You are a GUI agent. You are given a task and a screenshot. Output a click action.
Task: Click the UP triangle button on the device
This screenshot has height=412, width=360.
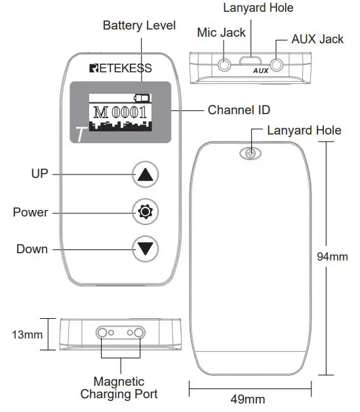145,175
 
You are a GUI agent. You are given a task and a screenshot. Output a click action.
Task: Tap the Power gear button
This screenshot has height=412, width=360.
145,212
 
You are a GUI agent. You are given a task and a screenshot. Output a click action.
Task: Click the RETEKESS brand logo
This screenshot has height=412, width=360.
120,68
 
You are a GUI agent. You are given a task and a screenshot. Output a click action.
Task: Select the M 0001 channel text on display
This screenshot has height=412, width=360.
120,112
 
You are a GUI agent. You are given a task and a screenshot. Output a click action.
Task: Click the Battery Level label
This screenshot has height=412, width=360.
139,26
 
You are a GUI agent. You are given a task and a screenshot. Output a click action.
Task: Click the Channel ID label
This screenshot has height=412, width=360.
239,110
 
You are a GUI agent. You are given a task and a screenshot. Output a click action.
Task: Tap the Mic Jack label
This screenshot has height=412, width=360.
222,32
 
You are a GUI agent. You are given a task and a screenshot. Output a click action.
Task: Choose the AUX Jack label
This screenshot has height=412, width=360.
317,39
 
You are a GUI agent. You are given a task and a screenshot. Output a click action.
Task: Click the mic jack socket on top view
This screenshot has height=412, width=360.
225,66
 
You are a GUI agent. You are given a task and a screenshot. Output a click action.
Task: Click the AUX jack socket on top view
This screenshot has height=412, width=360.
278,66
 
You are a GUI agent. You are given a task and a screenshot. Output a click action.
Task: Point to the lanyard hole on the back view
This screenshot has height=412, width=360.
250,154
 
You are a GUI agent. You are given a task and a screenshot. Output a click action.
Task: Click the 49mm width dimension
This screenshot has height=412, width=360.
249,399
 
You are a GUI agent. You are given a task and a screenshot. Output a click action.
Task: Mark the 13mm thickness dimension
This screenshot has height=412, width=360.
28,335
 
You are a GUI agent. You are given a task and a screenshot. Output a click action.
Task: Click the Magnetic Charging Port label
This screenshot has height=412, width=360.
119,388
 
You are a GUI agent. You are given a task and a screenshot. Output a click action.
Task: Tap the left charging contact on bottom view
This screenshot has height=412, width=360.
102,333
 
